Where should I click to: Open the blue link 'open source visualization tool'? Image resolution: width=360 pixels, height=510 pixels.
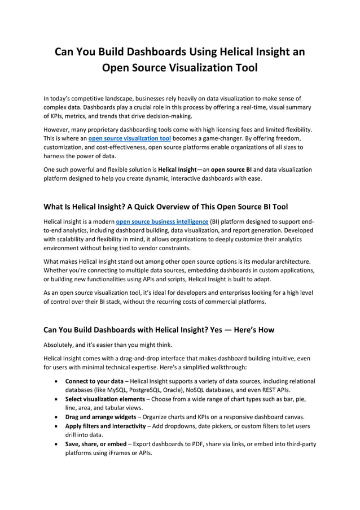click(130, 138)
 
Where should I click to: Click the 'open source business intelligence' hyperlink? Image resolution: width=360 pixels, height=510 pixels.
click(162, 222)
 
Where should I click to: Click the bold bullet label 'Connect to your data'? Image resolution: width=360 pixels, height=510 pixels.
click(94, 381)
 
